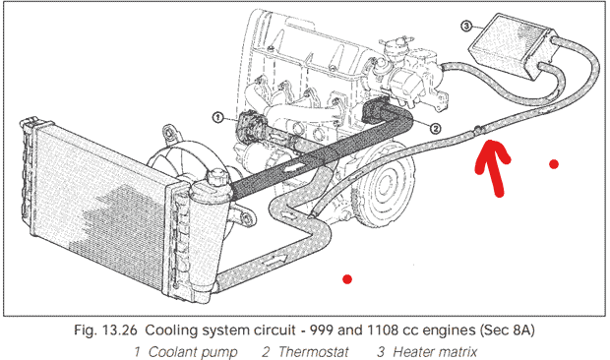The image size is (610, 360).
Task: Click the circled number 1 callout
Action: (218, 117)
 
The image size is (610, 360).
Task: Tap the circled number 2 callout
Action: (435, 128)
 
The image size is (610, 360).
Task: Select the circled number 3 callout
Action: (466, 27)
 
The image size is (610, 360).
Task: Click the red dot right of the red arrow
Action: (554, 164)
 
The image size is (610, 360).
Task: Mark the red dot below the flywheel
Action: (347, 279)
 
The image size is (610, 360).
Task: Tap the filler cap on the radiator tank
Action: (215, 178)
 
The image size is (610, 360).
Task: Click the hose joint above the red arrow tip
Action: (478, 129)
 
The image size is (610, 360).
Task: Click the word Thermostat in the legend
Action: (314, 352)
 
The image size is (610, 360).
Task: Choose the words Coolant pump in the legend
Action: (193, 352)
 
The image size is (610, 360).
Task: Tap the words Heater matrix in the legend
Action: (435, 352)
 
